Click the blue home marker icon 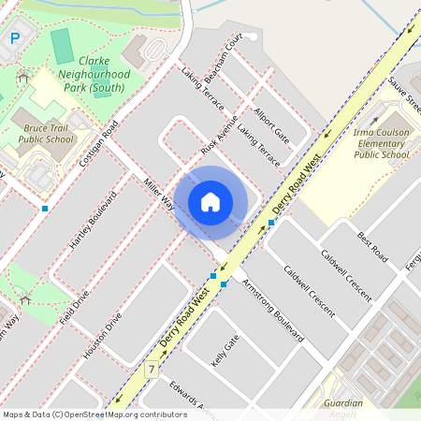point(210,201)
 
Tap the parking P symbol point(14,38)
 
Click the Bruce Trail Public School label point(45,132)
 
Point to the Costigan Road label point(98,145)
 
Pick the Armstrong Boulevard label point(272,309)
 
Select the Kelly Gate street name point(225,352)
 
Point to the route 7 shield point(150,370)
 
